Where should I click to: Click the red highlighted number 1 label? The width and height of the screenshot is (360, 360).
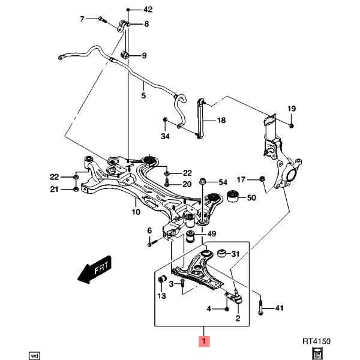pos(204,341)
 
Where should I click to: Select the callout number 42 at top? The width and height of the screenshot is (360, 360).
pos(148,9)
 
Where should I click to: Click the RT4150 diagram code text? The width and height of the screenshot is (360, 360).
pos(317,341)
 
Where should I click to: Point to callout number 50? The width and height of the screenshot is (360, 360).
pos(251,197)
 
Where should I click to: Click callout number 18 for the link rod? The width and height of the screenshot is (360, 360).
pos(221,121)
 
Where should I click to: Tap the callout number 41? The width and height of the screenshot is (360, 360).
pos(278,308)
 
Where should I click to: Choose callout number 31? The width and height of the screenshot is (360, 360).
pos(235,254)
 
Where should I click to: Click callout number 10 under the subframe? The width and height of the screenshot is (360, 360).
pos(136,212)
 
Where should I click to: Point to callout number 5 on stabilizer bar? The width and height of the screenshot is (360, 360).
pos(143,95)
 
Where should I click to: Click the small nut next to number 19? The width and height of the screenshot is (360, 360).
pos(291,125)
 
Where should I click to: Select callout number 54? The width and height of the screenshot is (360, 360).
pos(223,182)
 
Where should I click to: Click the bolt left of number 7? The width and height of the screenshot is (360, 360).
pos(102,19)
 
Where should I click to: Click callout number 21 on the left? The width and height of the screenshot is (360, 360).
pos(54,190)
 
